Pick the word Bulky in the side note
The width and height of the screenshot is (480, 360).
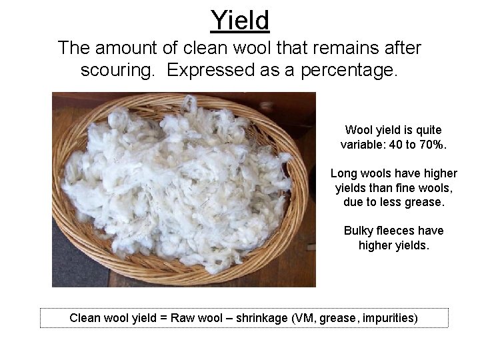pos(359,231)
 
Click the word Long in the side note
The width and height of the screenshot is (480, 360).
pos(344,172)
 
